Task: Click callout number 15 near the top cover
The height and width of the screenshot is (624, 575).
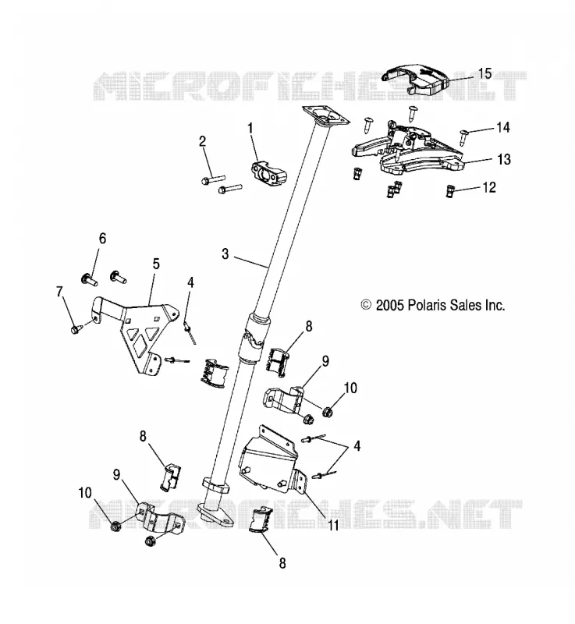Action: (484, 73)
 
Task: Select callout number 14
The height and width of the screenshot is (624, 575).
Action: (503, 127)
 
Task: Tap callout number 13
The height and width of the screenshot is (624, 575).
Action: (504, 159)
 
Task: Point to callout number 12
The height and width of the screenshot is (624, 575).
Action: (489, 187)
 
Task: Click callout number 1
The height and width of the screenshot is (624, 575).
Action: (250, 128)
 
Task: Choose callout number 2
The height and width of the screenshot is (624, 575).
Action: (203, 141)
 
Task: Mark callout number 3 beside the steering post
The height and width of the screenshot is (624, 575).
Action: (225, 253)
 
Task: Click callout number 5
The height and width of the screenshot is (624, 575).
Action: (156, 264)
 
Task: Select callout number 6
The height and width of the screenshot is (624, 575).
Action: (103, 239)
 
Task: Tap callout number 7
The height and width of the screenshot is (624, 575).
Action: (60, 292)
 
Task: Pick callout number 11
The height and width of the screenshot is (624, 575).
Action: (332, 525)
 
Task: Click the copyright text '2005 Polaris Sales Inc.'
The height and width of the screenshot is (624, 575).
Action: (440, 305)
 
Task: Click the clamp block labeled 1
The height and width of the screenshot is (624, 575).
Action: (269, 172)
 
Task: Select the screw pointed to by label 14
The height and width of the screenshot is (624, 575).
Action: (464, 137)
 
